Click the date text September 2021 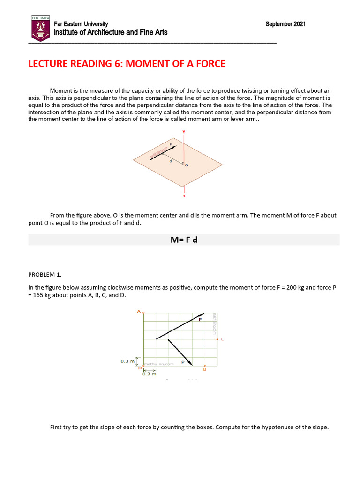(285, 24)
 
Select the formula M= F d (184, 240)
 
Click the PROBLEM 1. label (45, 274)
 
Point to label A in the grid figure (138, 311)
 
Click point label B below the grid (204, 369)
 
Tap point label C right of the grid (222, 338)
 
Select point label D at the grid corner (140, 369)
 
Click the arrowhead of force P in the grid (190, 362)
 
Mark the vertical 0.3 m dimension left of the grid (127, 361)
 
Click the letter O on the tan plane (187, 165)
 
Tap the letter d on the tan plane (170, 161)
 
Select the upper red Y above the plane (184, 132)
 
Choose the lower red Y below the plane (184, 196)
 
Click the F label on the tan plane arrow (170, 145)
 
